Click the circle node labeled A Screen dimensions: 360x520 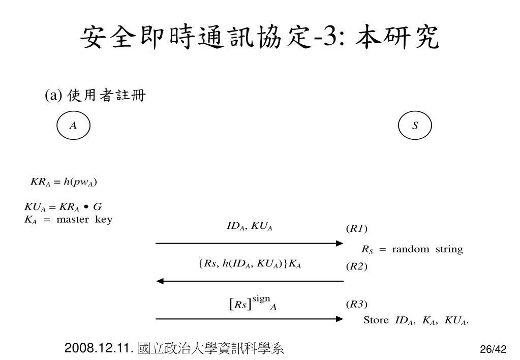tap(73, 125)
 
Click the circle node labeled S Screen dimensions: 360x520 tap(415, 125)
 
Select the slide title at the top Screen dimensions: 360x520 tap(260, 39)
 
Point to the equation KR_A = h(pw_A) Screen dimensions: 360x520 tap(64, 182)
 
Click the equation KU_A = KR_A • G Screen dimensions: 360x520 tap(64, 207)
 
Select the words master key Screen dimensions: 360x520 tap(84, 220)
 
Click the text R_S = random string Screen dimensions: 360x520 tap(412, 249)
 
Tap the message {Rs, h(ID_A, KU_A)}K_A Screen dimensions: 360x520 tap(250, 263)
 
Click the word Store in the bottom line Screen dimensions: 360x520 tap(376, 320)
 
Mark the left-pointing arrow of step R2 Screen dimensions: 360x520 tap(250, 281)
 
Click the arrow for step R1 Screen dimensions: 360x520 tap(250, 243)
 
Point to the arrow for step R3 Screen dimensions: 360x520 tap(250, 319)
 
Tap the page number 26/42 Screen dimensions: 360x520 tap(493, 349)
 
